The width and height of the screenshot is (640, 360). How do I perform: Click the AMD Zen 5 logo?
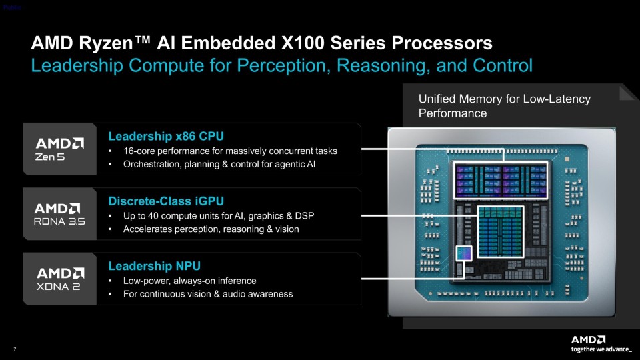tap(59, 149)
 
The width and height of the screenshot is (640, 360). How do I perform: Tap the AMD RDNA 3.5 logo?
tap(59, 214)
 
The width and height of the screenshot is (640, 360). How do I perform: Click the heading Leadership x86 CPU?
tap(166, 136)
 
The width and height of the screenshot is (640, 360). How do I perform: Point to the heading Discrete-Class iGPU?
tap(166, 201)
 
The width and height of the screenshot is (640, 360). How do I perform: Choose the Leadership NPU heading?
tap(154, 266)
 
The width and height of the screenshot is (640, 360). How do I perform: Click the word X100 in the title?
tap(303, 43)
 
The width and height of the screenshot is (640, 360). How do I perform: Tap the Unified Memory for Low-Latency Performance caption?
tap(505, 106)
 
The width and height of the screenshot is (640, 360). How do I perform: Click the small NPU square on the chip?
tap(464, 253)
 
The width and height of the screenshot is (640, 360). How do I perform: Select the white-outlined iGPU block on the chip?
tap(501, 232)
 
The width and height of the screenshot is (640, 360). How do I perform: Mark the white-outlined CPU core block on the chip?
tap(501, 181)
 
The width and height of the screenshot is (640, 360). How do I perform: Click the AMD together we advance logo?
tap(601, 344)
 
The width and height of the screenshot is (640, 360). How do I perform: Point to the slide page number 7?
tap(15, 349)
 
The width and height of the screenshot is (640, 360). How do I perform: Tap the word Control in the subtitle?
tap(503, 65)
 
